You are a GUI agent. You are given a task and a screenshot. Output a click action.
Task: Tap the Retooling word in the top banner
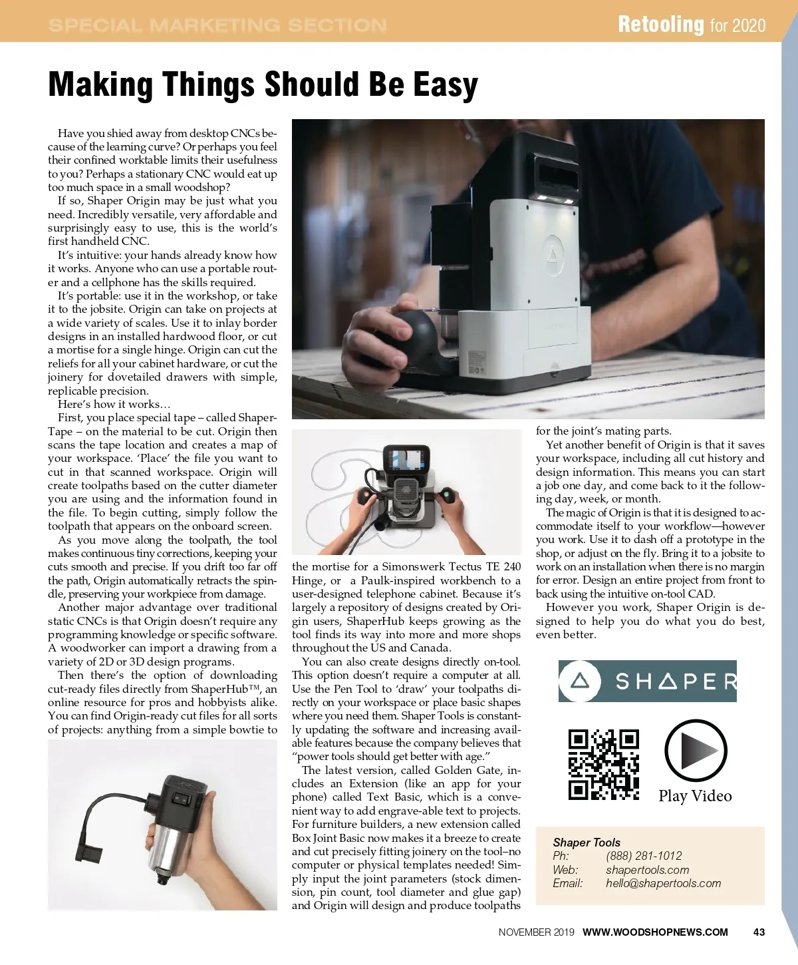point(660,25)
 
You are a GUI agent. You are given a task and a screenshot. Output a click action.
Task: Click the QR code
point(603,764)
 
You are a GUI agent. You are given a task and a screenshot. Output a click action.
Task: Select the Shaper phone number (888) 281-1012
point(644,856)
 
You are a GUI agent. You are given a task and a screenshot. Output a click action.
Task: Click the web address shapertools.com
point(647,870)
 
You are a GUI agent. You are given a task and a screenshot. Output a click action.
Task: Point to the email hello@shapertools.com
point(663,883)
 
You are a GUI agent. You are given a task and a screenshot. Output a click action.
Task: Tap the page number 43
point(759,932)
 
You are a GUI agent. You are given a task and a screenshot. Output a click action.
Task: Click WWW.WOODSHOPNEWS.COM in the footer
point(655,932)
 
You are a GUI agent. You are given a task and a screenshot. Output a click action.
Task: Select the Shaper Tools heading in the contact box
point(587,842)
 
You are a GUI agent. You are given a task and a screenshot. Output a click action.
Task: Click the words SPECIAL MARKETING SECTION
point(217,25)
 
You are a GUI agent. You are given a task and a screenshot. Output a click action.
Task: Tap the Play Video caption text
point(695,796)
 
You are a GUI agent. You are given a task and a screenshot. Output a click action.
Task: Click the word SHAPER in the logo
point(675,681)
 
